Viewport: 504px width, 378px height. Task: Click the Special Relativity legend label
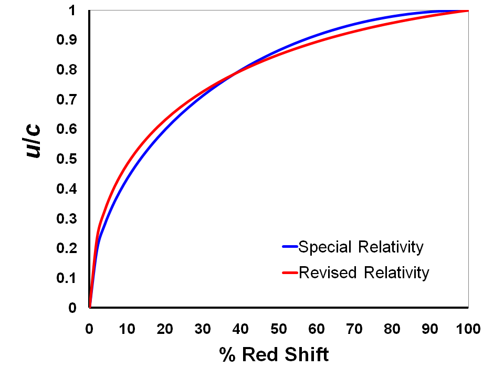click(360, 247)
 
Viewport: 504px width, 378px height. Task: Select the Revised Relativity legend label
click(363, 273)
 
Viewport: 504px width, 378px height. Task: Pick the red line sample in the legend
click(290, 273)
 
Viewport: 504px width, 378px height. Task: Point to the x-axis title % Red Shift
click(274, 355)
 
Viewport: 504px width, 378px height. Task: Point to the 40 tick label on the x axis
click(241, 329)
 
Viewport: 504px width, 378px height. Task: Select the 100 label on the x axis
click(468, 329)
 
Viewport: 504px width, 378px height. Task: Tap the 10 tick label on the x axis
click(128, 329)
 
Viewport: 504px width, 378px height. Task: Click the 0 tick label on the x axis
click(90, 329)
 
